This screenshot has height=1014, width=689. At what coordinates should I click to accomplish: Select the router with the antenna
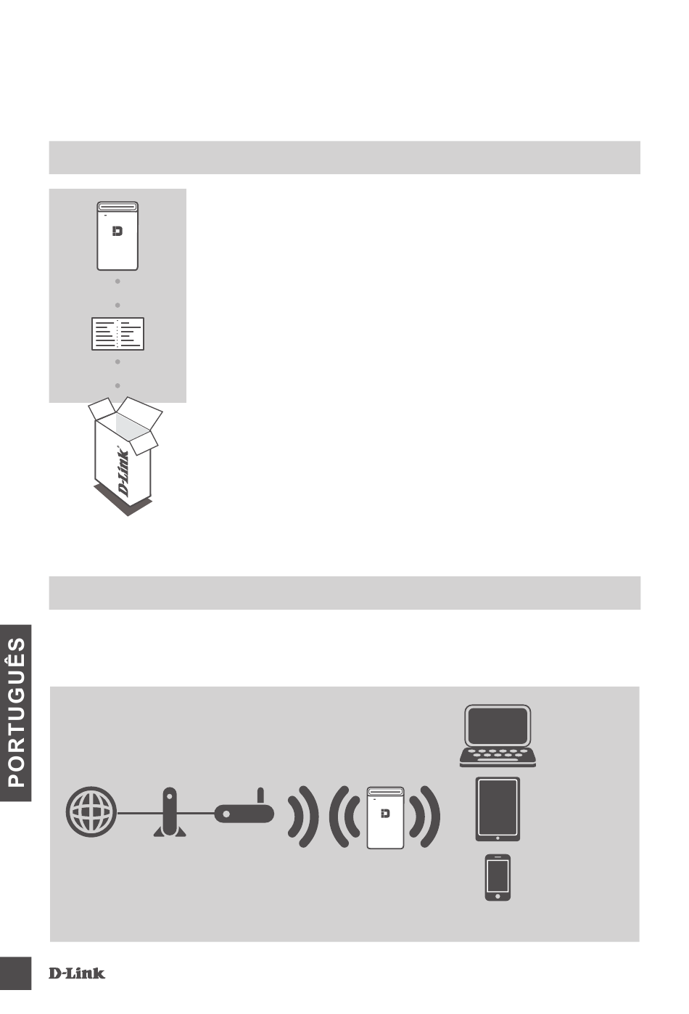(244, 814)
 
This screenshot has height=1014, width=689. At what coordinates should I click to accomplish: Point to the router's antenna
(260, 796)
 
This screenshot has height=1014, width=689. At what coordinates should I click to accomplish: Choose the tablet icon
(498, 809)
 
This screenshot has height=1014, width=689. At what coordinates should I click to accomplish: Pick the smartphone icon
(498, 878)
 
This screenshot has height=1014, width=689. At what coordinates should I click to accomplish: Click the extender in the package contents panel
(117, 236)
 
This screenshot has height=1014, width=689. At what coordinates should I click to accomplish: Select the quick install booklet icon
(117, 333)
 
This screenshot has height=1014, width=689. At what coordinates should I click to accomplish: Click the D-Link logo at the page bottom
(77, 973)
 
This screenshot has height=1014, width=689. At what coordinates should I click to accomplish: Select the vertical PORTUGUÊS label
(16, 711)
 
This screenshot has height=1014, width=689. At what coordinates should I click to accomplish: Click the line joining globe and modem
(134, 814)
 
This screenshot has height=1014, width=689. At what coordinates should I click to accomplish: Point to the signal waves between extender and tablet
(425, 817)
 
